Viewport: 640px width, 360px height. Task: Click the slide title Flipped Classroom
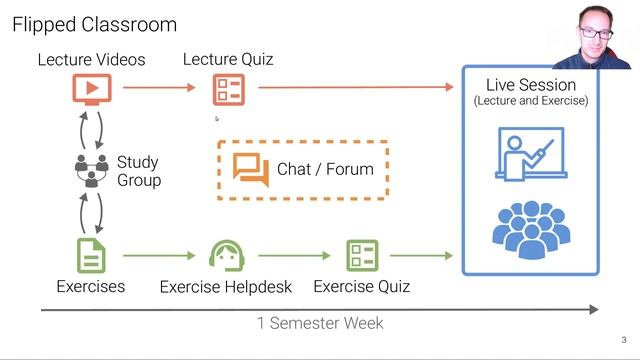coord(94,24)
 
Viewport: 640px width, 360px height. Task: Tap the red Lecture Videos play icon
coord(91,89)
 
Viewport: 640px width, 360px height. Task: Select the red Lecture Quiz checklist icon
coord(228,89)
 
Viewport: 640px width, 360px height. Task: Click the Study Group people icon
coord(91,170)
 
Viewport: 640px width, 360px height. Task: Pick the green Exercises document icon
coord(91,256)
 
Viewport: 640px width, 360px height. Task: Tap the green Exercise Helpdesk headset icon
coord(226,256)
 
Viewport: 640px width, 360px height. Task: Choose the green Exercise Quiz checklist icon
coord(362,256)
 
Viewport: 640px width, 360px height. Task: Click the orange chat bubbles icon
coord(251,169)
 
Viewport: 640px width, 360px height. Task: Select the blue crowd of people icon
coord(530,231)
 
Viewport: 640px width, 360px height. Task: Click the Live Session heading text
coord(530,85)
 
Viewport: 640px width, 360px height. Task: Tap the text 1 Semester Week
coord(320,323)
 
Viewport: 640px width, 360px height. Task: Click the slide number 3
coord(623,339)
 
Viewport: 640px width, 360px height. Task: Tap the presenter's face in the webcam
coord(597,37)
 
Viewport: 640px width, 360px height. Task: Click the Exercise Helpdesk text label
coord(226,287)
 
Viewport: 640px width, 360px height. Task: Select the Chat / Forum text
coord(325,169)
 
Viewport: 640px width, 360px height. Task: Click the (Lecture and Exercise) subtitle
coord(530,101)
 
